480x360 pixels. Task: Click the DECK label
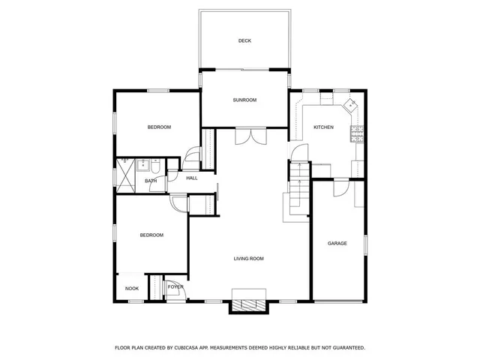click(244, 40)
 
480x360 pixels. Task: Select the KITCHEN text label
click(323, 127)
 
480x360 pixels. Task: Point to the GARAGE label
click(337, 243)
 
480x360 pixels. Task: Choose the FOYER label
click(175, 287)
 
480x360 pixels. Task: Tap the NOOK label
click(132, 288)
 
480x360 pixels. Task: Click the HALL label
click(192, 178)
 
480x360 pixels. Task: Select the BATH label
click(151, 181)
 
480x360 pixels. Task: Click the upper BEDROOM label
click(159, 127)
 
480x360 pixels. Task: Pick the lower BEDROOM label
click(151, 235)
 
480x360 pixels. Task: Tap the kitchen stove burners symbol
click(356, 136)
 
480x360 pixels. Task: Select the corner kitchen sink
click(350, 105)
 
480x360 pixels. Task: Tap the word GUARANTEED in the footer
click(341, 348)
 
